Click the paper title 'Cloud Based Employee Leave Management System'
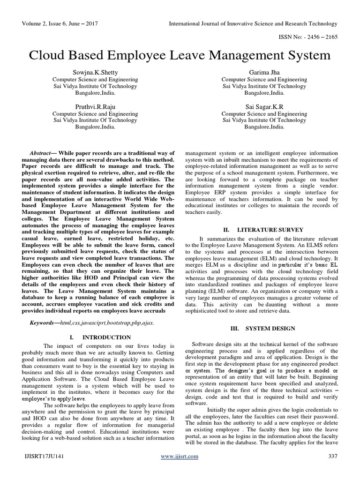(180, 56)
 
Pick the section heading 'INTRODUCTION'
(107, 337)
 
